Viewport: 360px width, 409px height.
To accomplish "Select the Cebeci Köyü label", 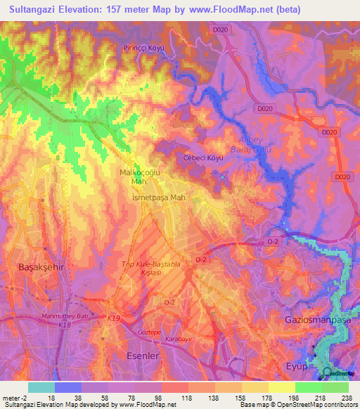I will point(203,158).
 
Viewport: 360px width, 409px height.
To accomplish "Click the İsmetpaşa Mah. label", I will point(160,198).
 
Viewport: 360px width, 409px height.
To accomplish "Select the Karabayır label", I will point(179,338).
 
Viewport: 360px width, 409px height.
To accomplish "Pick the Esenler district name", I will point(143,355).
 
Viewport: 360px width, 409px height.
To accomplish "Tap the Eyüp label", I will point(296,366).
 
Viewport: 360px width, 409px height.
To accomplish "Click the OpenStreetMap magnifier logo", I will point(328,373).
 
